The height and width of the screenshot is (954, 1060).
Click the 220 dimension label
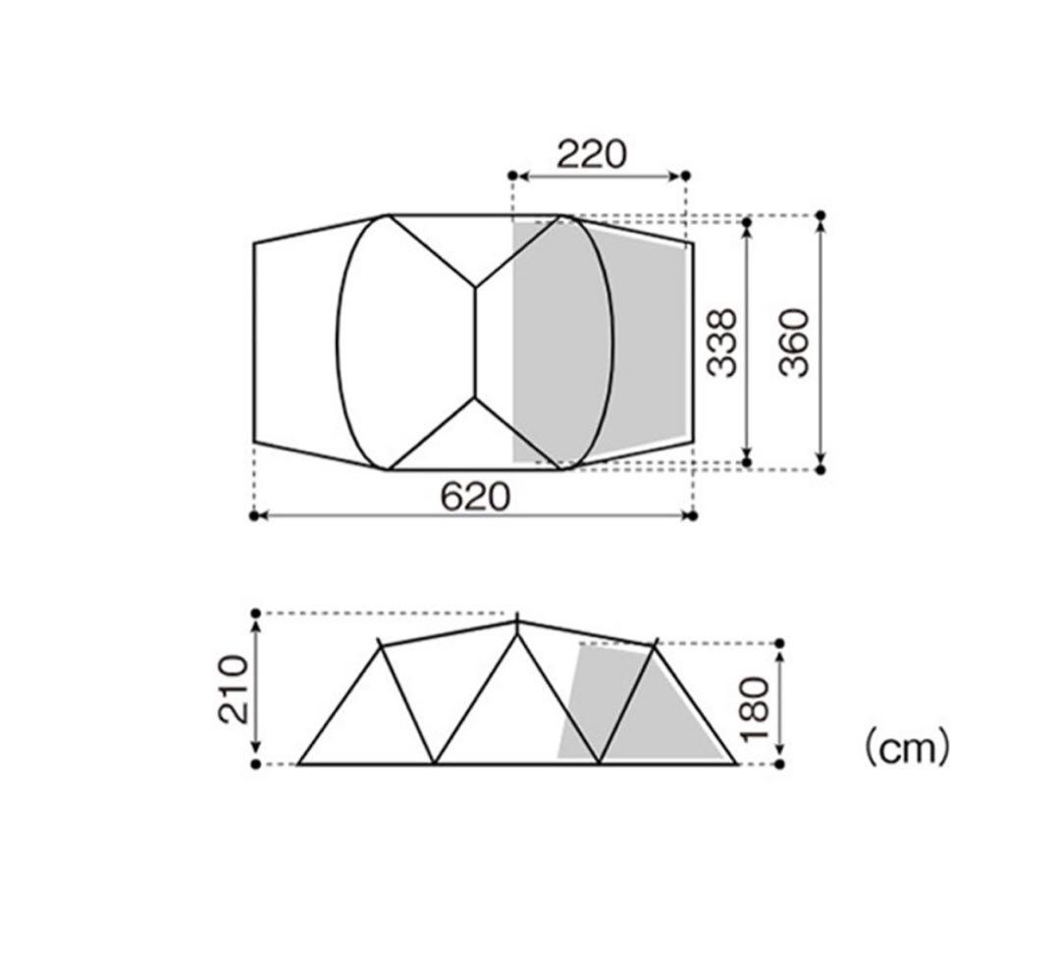pyautogui.click(x=592, y=154)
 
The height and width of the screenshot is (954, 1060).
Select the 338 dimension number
pyautogui.click(x=721, y=343)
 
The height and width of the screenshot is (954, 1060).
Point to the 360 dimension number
pyautogui.click(x=794, y=343)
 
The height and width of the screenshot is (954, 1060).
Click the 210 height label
pyautogui.click(x=234, y=689)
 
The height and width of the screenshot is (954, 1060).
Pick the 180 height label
pyautogui.click(x=755, y=709)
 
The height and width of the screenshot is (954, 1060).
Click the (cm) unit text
pyautogui.click(x=907, y=748)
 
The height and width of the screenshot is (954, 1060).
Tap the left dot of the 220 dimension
pyautogui.click(x=512, y=176)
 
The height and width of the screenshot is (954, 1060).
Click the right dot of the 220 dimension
pyautogui.click(x=685, y=176)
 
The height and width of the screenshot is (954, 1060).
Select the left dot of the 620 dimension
pyautogui.click(x=254, y=516)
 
